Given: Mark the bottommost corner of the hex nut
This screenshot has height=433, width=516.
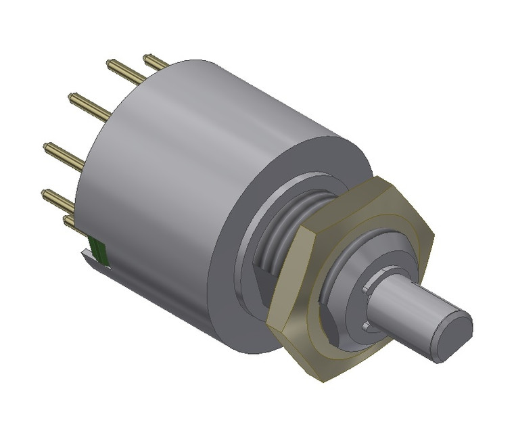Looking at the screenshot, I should (323, 379).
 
